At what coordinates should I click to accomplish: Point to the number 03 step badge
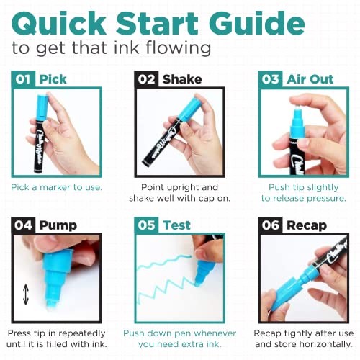[x=271, y=79]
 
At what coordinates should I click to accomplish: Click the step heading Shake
[x=182, y=79]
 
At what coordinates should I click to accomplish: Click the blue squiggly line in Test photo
[x=162, y=277]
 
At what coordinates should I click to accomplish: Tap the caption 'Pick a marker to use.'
[x=56, y=187]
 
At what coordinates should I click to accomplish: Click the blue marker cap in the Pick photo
[x=45, y=115]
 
